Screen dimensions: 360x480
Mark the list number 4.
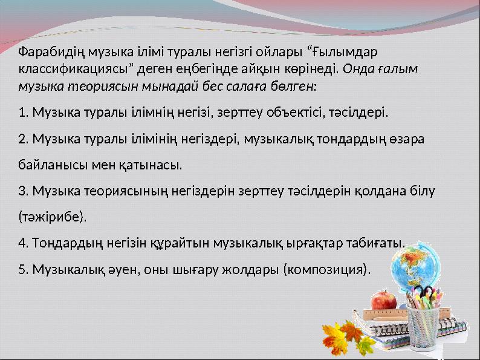point(22,243)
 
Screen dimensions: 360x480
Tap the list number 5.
point(22,269)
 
